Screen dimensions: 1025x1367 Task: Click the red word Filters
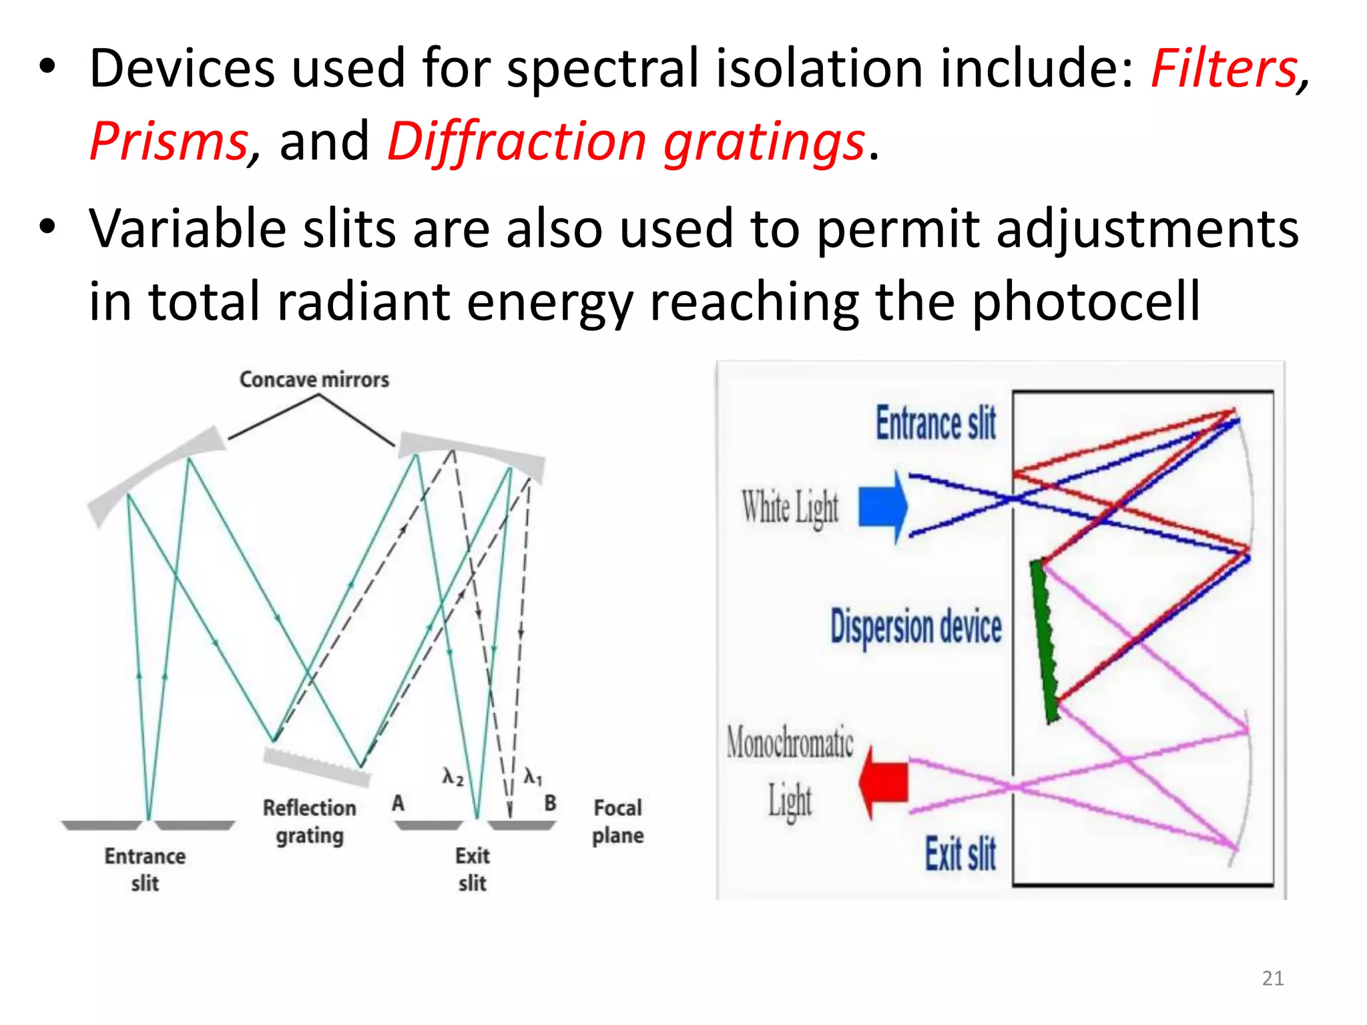tap(1223, 68)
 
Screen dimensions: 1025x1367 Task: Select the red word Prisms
tap(168, 141)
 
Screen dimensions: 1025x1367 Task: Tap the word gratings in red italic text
tap(764, 141)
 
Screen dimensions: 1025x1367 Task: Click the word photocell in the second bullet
tap(1086, 302)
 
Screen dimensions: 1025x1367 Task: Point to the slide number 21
tap(1273, 978)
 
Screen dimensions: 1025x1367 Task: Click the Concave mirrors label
tap(314, 380)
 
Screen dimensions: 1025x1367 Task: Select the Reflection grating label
tap(310, 821)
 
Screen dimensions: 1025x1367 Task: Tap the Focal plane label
tap(617, 821)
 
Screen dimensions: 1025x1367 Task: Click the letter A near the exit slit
tap(398, 803)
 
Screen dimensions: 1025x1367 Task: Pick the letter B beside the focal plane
tap(550, 803)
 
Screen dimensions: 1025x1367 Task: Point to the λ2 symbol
tap(453, 776)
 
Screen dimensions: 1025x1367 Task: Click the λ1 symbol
tap(533, 776)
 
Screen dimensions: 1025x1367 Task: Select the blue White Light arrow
tap(882, 506)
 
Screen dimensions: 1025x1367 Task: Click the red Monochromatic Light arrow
tap(884, 781)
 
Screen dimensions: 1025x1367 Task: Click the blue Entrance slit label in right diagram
tap(936, 424)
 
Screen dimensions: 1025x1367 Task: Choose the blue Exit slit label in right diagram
tap(960, 854)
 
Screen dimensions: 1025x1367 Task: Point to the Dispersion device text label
tap(916, 627)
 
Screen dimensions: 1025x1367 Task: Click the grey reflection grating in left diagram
tap(316, 767)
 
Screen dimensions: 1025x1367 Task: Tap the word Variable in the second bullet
tap(188, 229)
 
